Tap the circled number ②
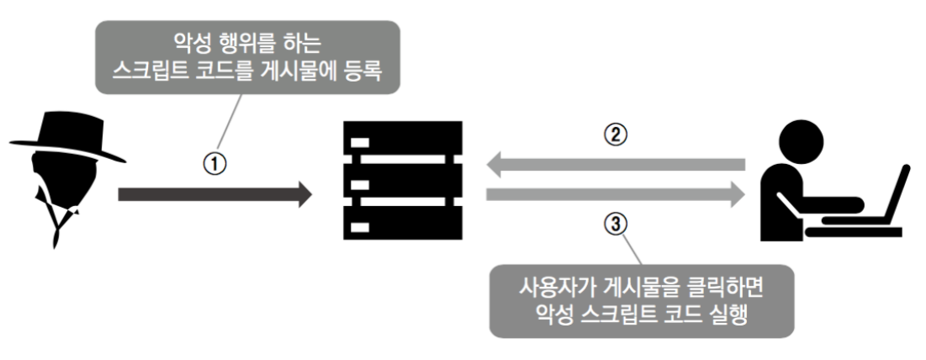616,135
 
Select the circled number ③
616,225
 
